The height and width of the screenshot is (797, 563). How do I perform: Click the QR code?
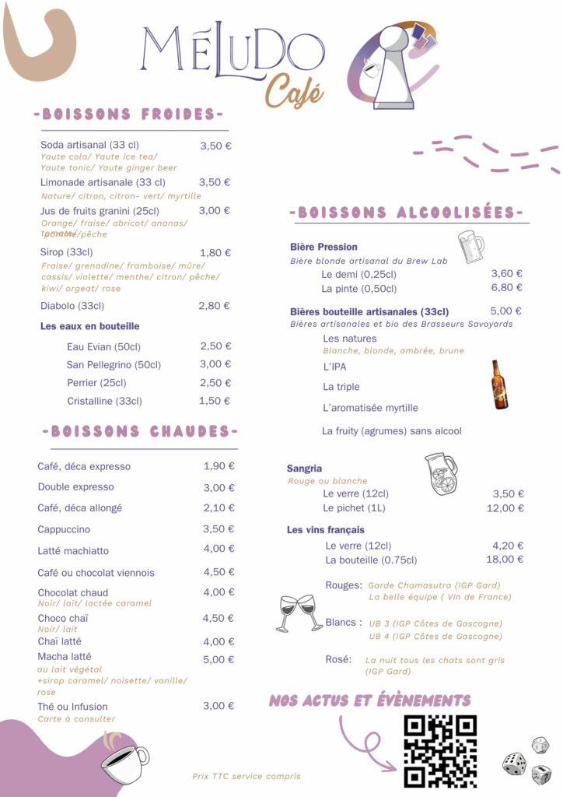click(x=440, y=751)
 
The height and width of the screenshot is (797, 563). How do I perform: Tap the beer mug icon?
click(x=470, y=247)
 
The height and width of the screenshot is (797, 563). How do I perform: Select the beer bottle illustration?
click(x=499, y=384)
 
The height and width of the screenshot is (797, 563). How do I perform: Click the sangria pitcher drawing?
click(x=441, y=473)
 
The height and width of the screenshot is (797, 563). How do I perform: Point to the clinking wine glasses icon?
click(x=299, y=612)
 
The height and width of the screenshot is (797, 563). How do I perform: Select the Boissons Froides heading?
click(x=128, y=114)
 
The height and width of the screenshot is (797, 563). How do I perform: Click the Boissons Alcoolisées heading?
click(x=406, y=212)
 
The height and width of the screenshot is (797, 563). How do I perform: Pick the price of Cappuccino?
click(x=219, y=529)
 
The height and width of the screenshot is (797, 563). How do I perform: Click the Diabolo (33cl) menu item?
click(x=72, y=306)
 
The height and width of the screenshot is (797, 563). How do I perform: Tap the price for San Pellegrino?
click(x=215, y=364)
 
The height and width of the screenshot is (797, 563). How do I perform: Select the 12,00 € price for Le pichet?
click(x=505, y=508)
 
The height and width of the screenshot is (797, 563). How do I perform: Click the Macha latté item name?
click(x=65, y=657)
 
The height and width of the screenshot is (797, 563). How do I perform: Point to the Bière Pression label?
click(x=323, y=247)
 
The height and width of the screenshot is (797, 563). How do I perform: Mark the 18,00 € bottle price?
click(x=504, y=559)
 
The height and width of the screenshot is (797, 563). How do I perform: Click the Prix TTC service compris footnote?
click(x=246, y=776)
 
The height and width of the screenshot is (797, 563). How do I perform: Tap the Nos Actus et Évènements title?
click(x=369, y=700)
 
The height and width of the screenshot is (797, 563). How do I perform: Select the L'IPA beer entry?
click(x=334, y=366)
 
